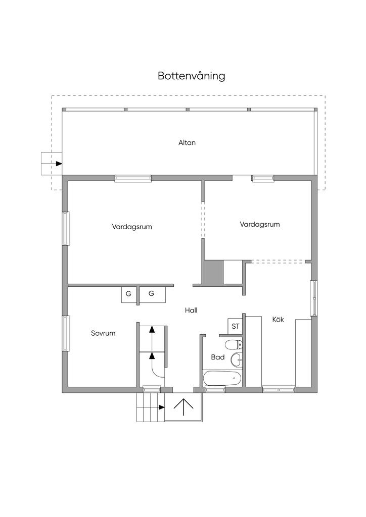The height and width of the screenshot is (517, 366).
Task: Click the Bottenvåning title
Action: (x=192, y=76)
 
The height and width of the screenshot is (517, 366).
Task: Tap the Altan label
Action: (x=187, y=142)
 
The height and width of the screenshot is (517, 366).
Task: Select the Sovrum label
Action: (x=103, y=333)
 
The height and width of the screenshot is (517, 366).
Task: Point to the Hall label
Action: (x=191, y=311)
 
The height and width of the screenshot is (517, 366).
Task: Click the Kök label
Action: (x=278, y=319)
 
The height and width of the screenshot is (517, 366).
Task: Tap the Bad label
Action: (x=218, y=357)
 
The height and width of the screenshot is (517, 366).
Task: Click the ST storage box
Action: (x=235, y=327)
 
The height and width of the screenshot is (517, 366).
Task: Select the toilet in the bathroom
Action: (x=234, y=345)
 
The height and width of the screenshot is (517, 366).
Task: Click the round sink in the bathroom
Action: (x=236, y=359)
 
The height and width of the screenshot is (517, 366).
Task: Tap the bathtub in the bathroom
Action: (x=222, y=378)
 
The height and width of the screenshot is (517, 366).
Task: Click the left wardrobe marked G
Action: (x=129, y=294)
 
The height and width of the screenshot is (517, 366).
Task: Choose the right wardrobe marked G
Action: (x=152, y=294)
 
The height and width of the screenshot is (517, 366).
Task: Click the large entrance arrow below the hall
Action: (x=184, y=407)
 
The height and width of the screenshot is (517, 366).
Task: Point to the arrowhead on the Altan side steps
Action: (x=59, y=164)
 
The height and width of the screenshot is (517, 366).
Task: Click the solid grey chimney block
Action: (x=212, y=272)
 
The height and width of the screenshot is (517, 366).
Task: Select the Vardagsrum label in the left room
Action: (x=131, y=227)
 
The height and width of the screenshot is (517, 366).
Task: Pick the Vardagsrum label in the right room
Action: (x=260, y=224)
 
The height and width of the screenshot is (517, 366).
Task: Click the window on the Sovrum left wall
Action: (x=66, y=333)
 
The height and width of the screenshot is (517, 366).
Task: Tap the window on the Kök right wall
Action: (x=313, y=298)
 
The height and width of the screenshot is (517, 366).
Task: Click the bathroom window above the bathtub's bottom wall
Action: (x=215, y=390)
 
